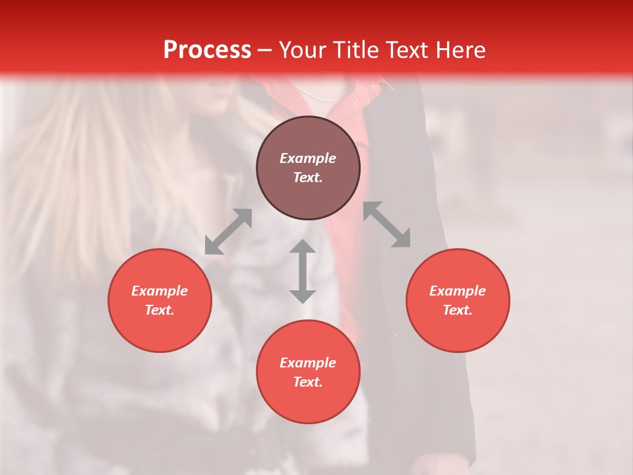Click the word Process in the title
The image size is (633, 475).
[x=207, y=50]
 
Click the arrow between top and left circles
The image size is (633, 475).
[x=228, y=232]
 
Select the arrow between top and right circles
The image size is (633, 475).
[x=386, y=225]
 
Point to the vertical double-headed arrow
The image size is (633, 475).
[x=303, y=271]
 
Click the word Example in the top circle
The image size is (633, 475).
[x=308, y=158]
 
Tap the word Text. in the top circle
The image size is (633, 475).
[x=308, y=177]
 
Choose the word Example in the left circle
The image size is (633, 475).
[x=160, y=291]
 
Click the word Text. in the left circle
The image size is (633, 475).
[x=160, y=310]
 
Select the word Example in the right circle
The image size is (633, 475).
[x=458, y=291]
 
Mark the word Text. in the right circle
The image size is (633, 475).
[x=458, y=310]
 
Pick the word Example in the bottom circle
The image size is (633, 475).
[x=308, y=363]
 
